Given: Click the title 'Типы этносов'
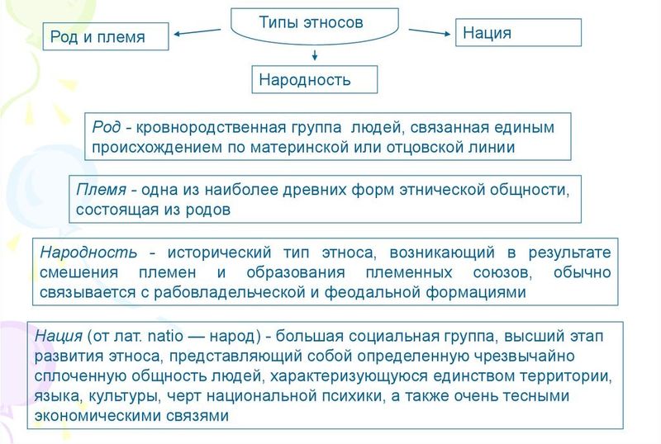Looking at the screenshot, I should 311,22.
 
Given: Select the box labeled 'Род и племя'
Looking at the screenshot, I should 105,36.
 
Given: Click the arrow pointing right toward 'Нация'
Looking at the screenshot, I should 427,32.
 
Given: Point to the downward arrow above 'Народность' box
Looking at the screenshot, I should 315,55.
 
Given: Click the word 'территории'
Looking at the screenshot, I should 568,376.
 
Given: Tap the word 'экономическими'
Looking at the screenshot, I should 92,417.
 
